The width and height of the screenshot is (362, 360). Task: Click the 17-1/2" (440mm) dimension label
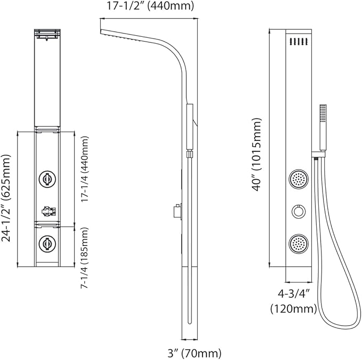click(x=150, y=6)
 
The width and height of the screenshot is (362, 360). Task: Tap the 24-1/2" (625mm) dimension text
click(x=6, y=198)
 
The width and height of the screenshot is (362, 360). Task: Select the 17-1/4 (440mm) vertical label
click(x=84, y=169)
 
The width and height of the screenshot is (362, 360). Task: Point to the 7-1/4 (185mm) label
click(x=84, y=258)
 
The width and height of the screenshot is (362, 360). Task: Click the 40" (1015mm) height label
click(x=256, y=155)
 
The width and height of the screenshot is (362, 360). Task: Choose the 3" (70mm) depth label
click(x=194, y=353)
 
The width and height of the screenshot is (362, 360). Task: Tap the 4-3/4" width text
click(x=293, y=294)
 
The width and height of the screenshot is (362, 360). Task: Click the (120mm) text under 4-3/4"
click(x=293, y=309)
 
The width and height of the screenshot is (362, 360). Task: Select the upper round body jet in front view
click(x=299, y=179)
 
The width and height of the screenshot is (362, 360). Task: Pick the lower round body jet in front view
click(x=299, y=244)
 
